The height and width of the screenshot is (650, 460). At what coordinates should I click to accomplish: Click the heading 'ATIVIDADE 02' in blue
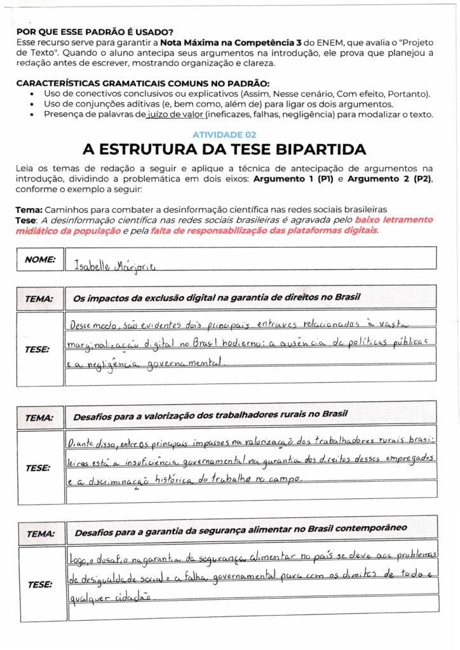224,135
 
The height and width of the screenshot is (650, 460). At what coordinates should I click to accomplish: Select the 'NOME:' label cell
39,259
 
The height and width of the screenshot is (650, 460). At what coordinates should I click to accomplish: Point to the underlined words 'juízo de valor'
175,114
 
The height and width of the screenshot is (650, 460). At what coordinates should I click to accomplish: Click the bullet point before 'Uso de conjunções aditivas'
32,105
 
